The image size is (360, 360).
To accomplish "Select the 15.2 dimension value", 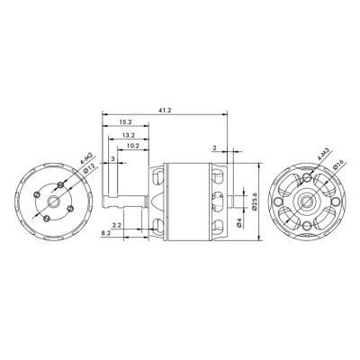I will point(125,121).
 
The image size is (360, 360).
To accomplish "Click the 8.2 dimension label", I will point(106,232).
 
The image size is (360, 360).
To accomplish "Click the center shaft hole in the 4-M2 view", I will point(56,201).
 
